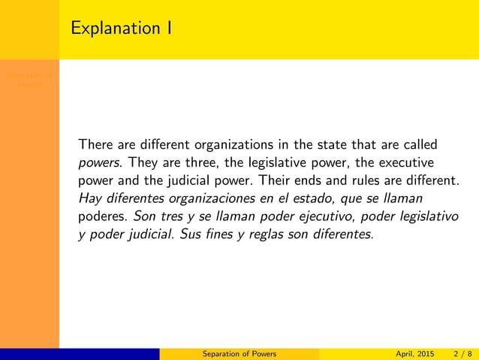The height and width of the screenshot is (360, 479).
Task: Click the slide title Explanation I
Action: click(x=120, y=29)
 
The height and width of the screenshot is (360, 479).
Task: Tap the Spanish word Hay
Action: click(x=89, y=198)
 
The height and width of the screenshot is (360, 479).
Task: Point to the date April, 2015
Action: click(x=414, y=354)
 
